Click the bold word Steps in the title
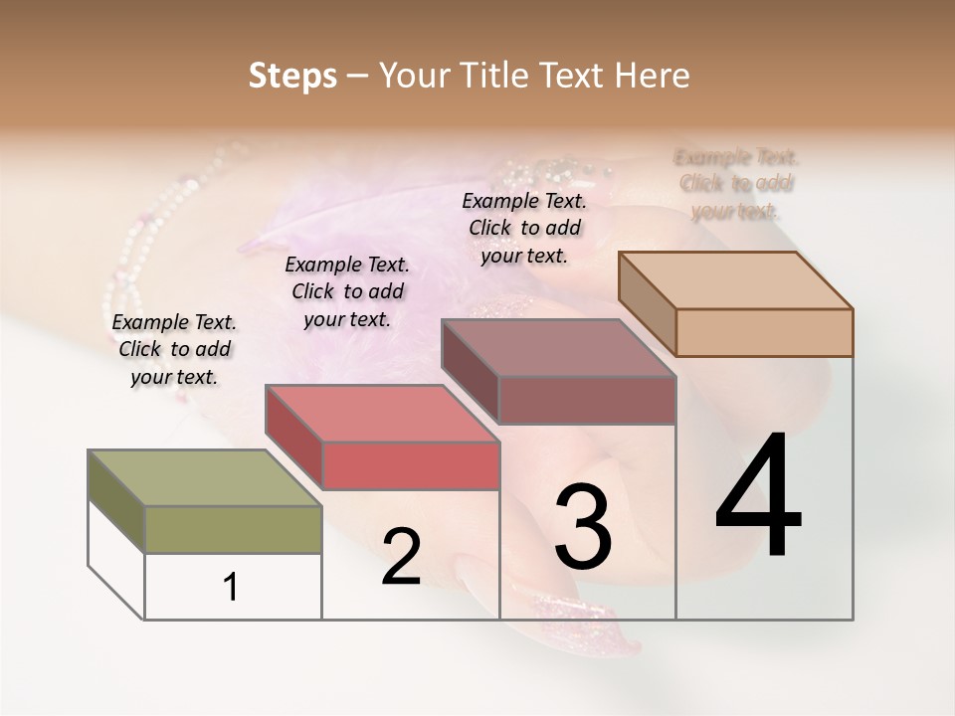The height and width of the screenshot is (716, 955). click(292, 77)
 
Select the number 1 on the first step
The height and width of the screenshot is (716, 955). click(231, 587)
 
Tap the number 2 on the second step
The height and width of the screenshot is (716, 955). click(401, 557)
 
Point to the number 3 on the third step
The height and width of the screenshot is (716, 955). click(583, 527)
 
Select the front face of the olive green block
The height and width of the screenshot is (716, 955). click(234, 529)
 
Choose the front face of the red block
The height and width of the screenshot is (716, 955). click(411, 465)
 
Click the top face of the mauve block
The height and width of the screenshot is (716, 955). click(557, 348)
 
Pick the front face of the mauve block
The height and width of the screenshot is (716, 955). click(587, 400)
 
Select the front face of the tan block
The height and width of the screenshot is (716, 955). click(764, 332)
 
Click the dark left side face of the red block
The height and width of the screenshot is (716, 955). click(294, 438)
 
